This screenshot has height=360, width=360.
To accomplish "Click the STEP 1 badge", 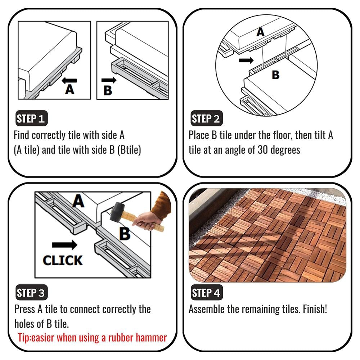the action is pos(31,118).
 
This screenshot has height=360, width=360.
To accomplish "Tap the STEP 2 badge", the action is pos(206,118).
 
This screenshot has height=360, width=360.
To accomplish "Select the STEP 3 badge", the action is pos(31,292).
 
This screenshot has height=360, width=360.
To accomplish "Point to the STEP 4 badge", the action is pos(207,292).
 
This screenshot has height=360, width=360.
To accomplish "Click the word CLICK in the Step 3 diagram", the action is pos(63,260).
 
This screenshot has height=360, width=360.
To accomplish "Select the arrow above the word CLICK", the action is pos(65,245).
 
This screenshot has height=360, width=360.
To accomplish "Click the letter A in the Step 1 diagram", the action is pos(69,89).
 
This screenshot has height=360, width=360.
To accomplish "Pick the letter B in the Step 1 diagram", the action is pos(108,90).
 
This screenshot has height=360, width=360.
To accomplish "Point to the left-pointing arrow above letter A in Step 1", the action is pos(69,80).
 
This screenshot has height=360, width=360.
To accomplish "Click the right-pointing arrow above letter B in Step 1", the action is pos(109,80).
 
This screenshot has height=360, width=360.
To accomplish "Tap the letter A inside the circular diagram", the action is pos(260,32).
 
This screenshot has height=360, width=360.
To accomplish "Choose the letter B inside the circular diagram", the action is pos(275,75).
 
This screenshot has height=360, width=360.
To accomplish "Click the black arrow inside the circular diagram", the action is pos(246,60).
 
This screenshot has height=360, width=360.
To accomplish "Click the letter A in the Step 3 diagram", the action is pos(78,201).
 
